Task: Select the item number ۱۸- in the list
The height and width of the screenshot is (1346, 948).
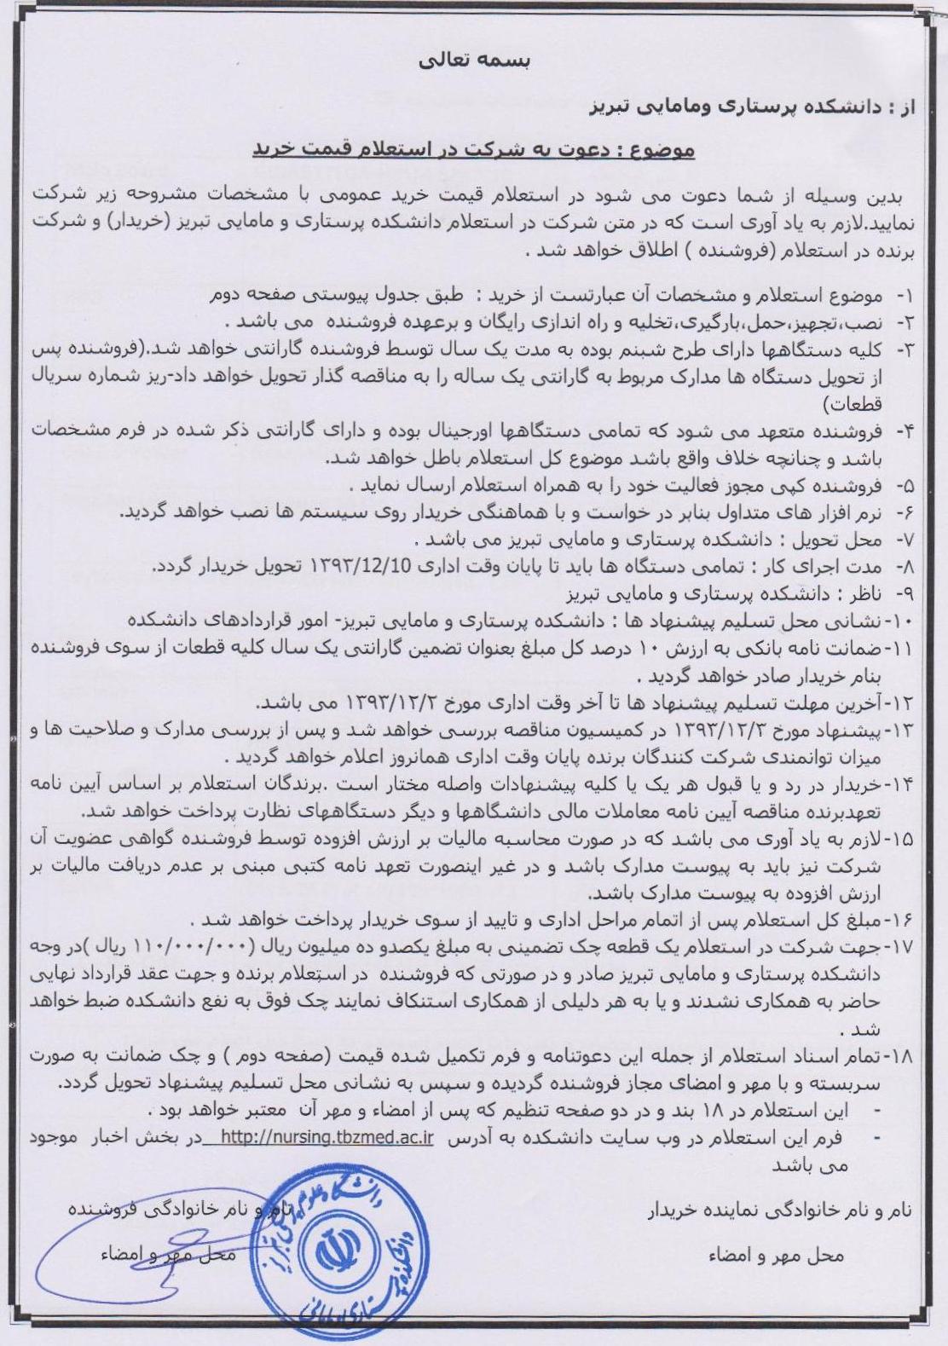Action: (899, 1055)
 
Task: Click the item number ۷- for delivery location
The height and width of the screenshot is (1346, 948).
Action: (904, 541)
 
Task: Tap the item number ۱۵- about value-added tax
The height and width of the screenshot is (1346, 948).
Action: (900, 840)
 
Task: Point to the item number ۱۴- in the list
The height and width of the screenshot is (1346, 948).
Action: (900, 784)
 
